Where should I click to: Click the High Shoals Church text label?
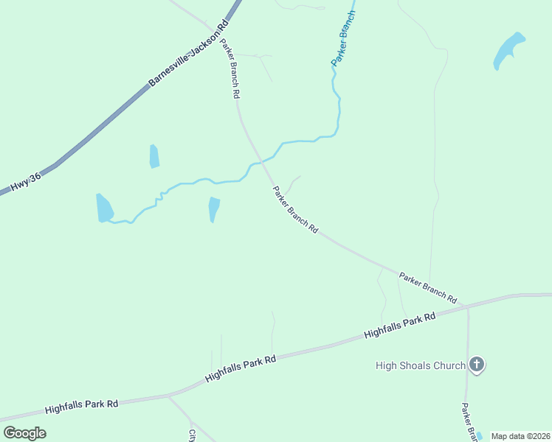tap(420, 365)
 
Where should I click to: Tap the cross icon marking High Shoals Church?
tap(477, 364)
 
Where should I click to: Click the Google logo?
tap(24, 433)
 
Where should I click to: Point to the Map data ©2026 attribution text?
tap(521, 436)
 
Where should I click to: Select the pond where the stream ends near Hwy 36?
tap(104, 208)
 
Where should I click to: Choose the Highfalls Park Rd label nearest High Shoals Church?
tap(399, 325)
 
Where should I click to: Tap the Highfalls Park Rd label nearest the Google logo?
tap(81, 406)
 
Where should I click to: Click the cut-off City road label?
tap(192, 435)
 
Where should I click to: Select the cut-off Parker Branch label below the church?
tap(466, 422)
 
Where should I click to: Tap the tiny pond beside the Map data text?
tap(480, 436)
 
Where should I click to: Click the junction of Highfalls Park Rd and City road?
tap(168, 396)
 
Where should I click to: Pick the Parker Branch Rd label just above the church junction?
tap(427, 288)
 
